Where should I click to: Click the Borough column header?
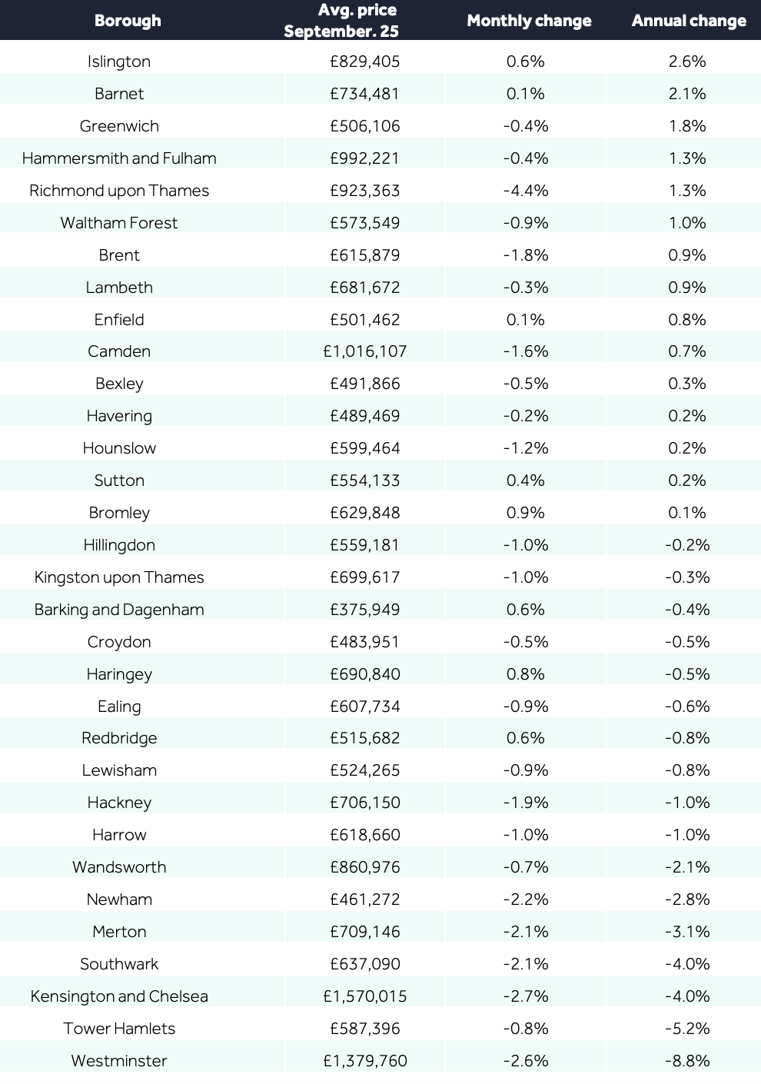(x=128, y=20)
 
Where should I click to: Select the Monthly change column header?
(x=530, y=20)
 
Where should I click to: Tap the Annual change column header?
(x=689, y=20)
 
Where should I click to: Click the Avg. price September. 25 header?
(x=341, y=20)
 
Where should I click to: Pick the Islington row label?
(x=119, y=62)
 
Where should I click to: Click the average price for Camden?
(x=365, y=351)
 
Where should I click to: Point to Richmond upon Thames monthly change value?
(x=526, y=190)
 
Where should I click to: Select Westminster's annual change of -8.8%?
(x=687, y=1061)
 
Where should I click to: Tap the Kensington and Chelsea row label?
(x=119, y=996)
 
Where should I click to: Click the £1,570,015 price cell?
(x=365, y=996)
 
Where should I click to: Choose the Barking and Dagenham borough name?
(x=119, y=609)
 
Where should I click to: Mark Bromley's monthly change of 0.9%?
(x=526, y=513)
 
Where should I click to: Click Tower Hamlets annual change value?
(x=687, y=1029)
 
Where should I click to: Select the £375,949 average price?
(x=365, y=609)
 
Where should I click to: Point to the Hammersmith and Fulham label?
(x=119, y=158)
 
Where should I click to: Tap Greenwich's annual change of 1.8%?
(x=687, y=126)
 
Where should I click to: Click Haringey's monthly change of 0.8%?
(x=526, y=673)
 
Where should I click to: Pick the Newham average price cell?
(x=365, y=899)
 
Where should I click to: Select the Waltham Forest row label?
(x=119, y=223)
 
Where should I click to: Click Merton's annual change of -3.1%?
(x=687, y=932)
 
